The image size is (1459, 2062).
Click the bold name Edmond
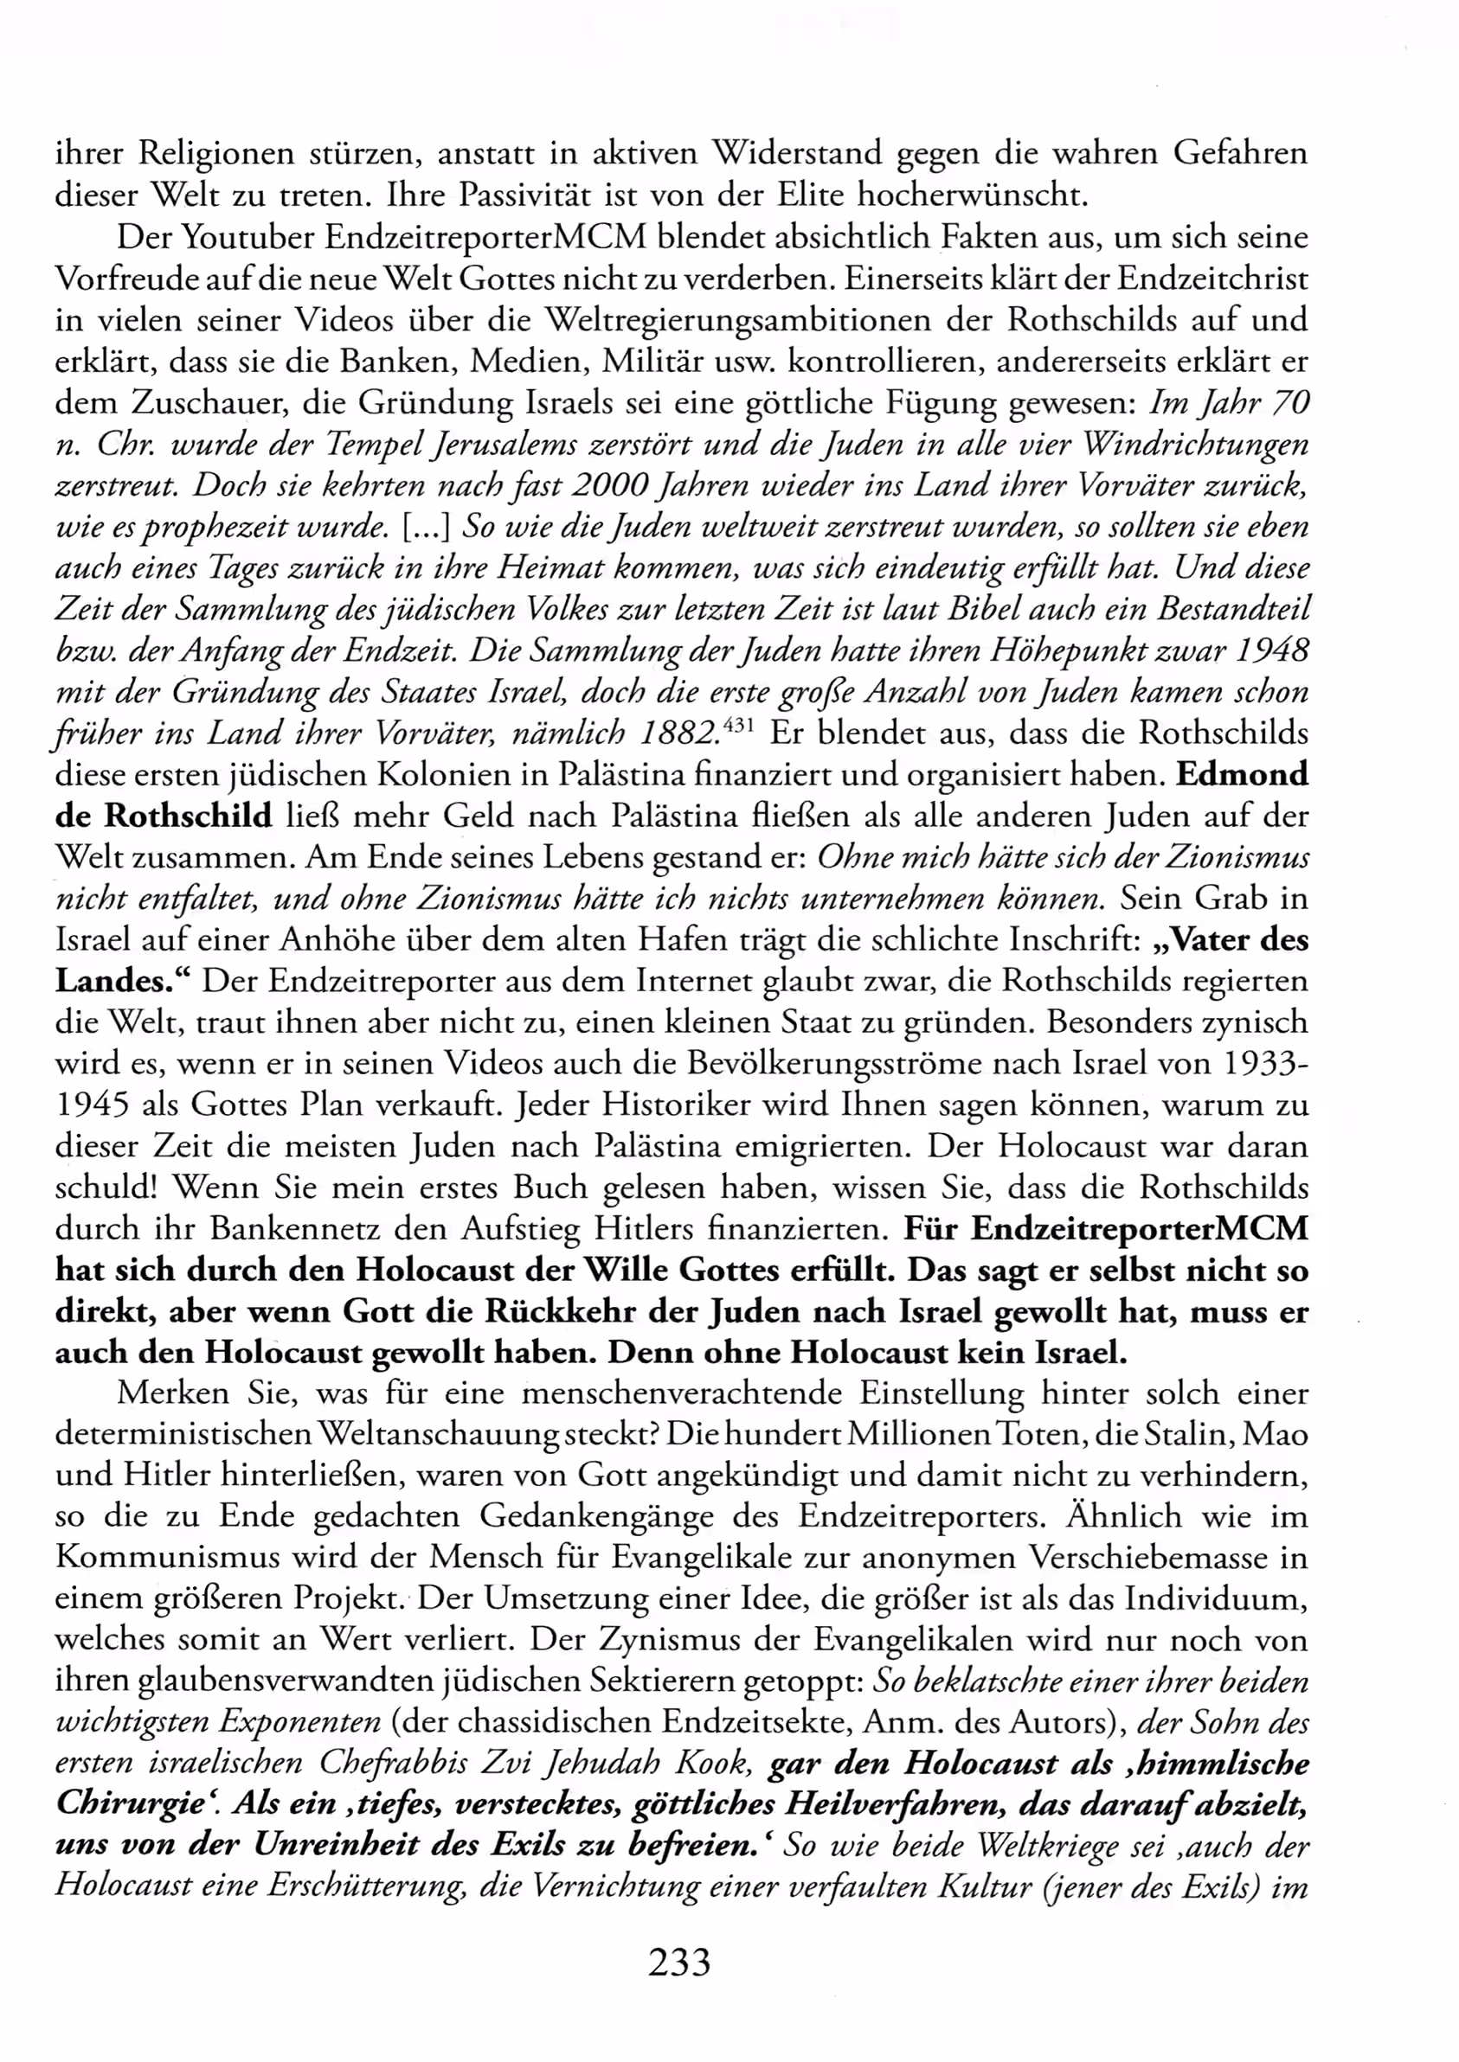1242,775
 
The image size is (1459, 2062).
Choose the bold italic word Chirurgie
131,1804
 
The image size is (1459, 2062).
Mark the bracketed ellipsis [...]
428,528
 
